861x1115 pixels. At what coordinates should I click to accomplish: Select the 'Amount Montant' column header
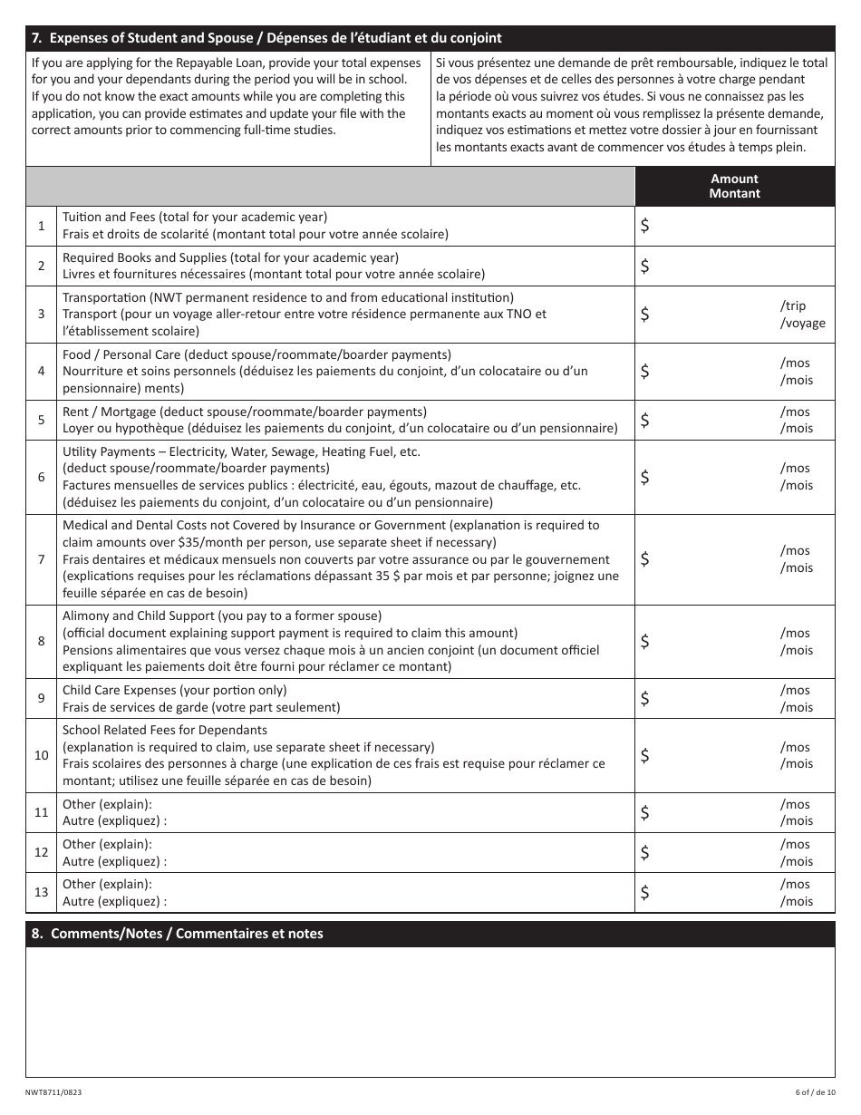[x=734, y=186]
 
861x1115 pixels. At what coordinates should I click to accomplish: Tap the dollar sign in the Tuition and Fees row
[x=644, y=227]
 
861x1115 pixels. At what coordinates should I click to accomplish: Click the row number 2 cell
[x=41, y=266]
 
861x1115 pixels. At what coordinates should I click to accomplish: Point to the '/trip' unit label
[x=792, y=306]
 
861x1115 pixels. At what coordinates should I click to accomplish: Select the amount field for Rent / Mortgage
[x=707, y=420]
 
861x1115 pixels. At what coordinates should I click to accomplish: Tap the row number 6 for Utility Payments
[x=41, y=477]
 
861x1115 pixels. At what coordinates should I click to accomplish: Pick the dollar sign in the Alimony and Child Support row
[x=644, y=641]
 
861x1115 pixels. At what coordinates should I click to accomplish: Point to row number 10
[x=41, y=755]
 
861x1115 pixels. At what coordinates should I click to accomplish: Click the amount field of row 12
[x=707, y=852]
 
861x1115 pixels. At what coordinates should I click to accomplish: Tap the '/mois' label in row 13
[x=797, y=901]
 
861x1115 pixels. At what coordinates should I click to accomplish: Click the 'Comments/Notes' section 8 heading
[x=177, y=934]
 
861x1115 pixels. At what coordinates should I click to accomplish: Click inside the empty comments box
[x=430, y=1011]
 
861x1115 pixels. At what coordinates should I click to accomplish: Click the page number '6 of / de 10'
[x=809, y=1093]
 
